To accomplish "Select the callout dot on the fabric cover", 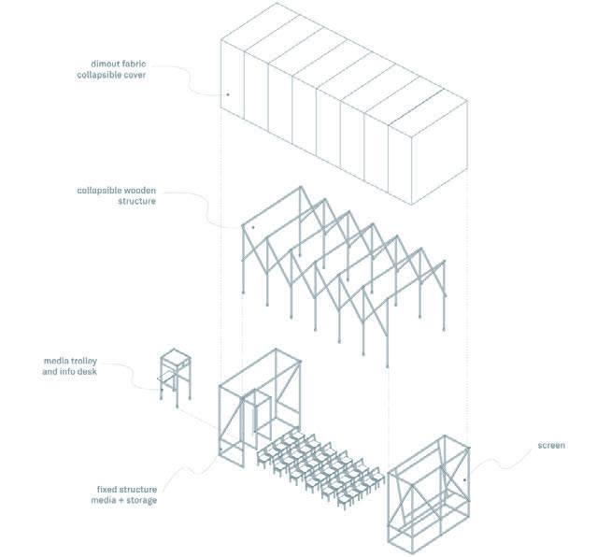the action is [228, 94].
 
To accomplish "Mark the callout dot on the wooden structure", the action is [252, 226].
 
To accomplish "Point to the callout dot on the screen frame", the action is [464, 481].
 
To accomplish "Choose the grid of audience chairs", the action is [318, 467].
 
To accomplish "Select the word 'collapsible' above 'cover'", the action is [100, 76].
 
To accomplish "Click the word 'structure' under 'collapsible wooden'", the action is [136, 202].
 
